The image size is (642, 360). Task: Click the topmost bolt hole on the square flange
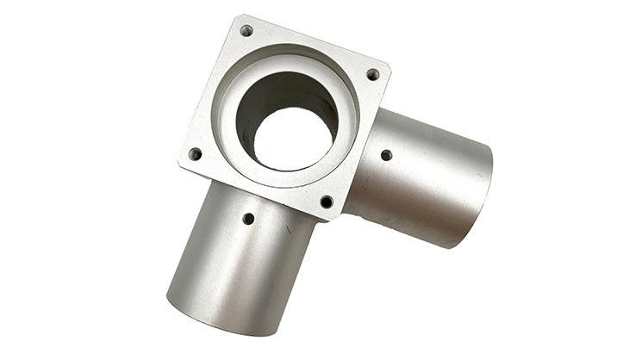246,31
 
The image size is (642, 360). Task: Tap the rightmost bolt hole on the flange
373,75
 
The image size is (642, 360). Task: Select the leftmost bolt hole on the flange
195,154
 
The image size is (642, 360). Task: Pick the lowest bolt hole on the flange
327,202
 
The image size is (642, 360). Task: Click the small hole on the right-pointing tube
386,155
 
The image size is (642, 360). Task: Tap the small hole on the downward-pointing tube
248,219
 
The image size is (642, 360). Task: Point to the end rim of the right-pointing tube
477,196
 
